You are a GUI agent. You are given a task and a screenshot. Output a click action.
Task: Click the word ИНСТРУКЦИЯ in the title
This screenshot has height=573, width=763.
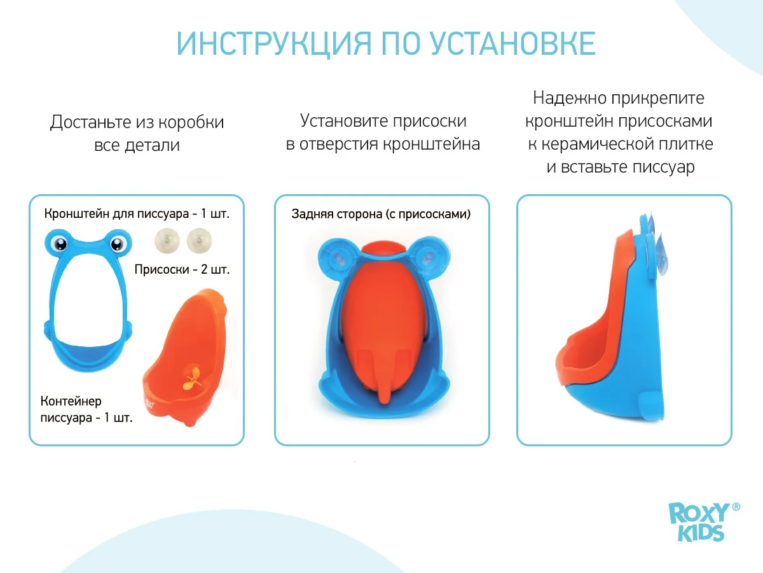pyautogui.click(x=274, y=44)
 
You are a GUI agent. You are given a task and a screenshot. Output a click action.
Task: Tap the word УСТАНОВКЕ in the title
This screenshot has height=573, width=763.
pyautogui.click(x=512, y=43)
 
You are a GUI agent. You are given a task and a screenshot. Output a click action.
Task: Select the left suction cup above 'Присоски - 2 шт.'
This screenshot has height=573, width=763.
pyautogui.click(x=167, y=241)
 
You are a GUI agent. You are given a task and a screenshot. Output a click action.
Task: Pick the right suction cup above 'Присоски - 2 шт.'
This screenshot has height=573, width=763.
pyautogui.click(x=199, y=241)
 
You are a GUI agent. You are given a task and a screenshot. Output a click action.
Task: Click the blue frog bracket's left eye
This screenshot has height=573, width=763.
pyautogui.click(x=59, y=243)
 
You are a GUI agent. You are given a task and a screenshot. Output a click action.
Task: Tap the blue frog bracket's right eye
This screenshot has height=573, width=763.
pyautogui.click(x=117, y=243)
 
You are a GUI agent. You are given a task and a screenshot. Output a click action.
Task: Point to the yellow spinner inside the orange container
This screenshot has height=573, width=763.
pyautogui.click(x=192, y=379)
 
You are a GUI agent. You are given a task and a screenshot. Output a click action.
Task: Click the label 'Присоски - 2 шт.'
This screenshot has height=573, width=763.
pyautogui.click(x=182, y=269)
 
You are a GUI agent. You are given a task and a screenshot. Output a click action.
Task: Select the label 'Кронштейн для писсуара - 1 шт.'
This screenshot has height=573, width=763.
pyautogui.click(x=137, y=214)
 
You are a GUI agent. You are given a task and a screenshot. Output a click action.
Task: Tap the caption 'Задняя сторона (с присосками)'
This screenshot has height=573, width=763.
pyautogui.click(x=381, y=214)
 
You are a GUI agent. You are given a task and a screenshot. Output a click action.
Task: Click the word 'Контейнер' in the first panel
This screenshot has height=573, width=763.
pyautogui.click(x=71, y=401)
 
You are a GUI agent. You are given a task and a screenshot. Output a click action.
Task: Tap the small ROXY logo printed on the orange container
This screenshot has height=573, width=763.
pyautogui.click(x=149, y=403)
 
